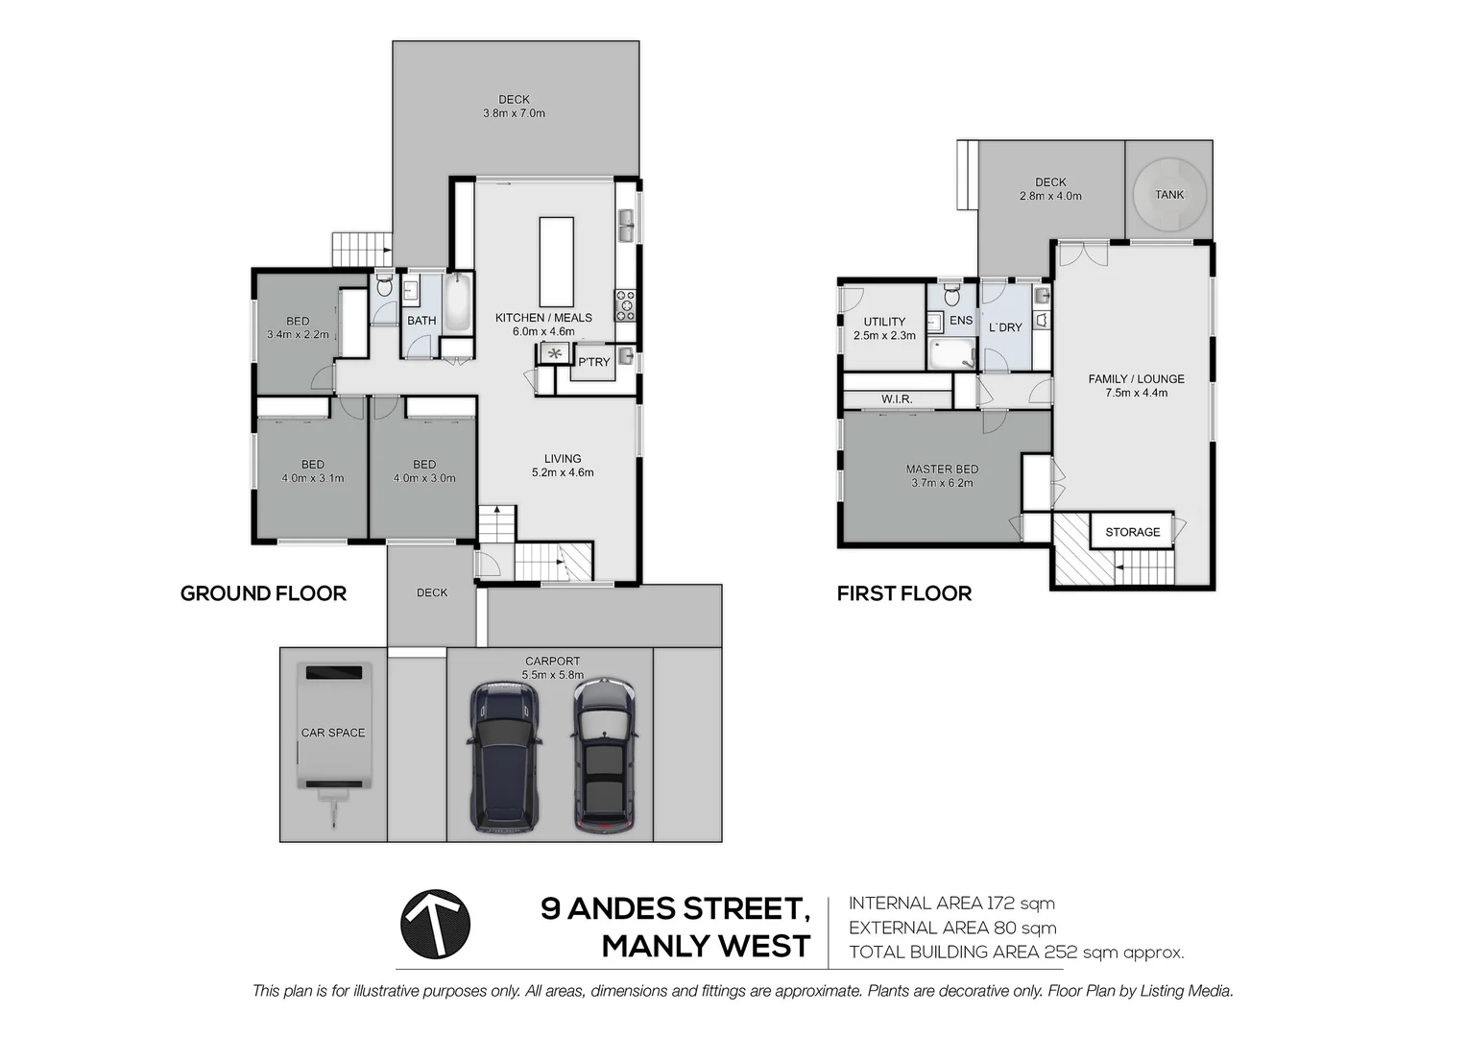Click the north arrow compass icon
click(435, 925)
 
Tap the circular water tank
click(1168, 195)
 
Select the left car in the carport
click(504, 757)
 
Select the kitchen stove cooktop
click(625, 305)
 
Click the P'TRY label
click(593, 362)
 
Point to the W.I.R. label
click(896, 398)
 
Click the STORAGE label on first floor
click(1132, 532)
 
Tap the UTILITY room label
click(884, 322)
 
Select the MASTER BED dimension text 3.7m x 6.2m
click(942, 483)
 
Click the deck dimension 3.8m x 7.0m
click(514, 113)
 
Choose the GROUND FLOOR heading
click(263, 593)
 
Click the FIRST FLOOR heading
click(903, 593)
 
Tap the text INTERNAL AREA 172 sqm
click(951, 903)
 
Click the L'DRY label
click(1005, 327)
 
